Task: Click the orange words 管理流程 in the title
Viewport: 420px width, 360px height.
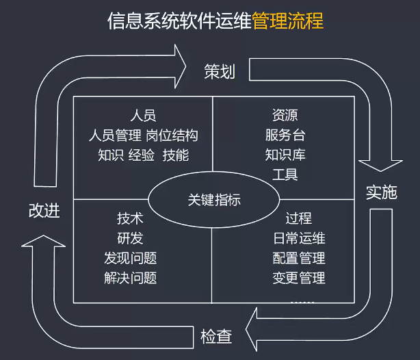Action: [x=287, y=21]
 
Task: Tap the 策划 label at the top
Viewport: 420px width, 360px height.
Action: [x=220, y=71]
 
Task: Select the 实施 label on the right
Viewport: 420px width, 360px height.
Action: [x=381, y=192]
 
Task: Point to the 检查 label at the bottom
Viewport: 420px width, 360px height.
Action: [x=215, y=337]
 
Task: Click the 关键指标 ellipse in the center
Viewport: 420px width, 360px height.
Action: [x=214, y=200]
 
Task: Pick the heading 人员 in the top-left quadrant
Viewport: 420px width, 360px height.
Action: [x=143, y=115]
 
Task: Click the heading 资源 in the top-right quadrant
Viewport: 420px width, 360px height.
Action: [x=285, y=115]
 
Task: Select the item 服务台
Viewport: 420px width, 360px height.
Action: [x=285, y=135]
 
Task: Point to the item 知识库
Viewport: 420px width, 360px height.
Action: [x=285, y=155]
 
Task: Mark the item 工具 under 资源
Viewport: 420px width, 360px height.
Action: [x=285, y=175]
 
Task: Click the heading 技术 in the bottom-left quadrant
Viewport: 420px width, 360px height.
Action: [x=129, y=219]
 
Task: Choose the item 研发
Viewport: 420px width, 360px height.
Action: [x=129, y=239]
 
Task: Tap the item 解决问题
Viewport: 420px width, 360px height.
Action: [x=129, y=279]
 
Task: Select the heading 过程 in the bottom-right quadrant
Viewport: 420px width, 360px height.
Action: [x=298, y=219]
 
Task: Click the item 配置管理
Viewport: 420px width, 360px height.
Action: [x=298, y=259]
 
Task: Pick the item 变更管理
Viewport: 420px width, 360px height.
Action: [x=298, y=279]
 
